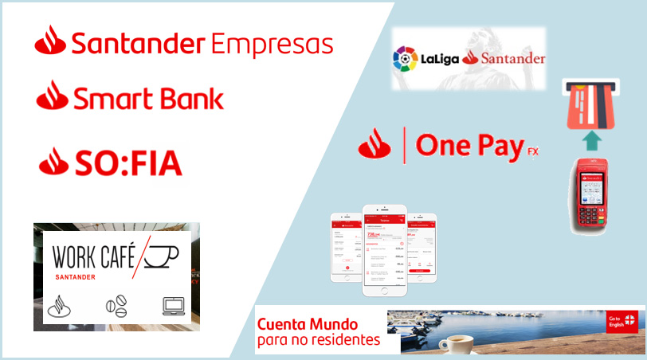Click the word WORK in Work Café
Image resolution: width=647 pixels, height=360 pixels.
[x=76, y=256]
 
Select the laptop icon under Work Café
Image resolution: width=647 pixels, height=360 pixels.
[x=172, y=306]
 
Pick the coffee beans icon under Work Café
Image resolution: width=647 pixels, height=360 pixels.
[x=116, y=307]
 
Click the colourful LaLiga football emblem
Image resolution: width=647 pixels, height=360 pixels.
[x=405, y=58]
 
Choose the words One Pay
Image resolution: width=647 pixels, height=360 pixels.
[x=469, y=147]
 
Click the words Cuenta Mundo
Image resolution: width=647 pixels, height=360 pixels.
[x=307, y=325]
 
